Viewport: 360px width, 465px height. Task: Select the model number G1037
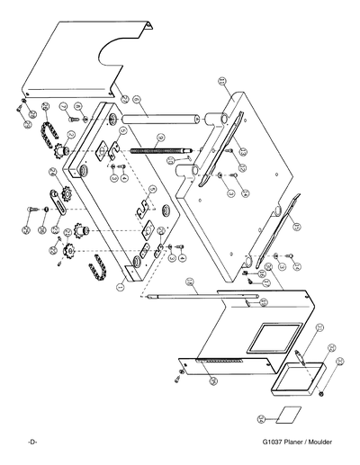(273, 443)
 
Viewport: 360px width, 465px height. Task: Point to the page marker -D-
(31, 443)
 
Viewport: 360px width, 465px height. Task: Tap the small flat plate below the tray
(287, 416)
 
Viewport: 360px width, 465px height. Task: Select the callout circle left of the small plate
(262, 419)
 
